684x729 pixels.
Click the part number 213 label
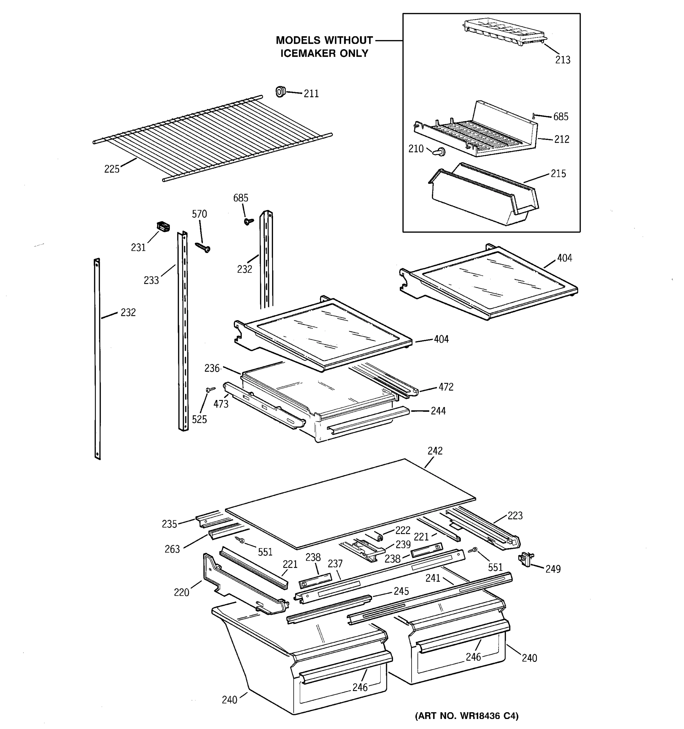tap(562, 60)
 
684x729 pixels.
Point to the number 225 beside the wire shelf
tap(112, 169)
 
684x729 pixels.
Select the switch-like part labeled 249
tap(526, 560)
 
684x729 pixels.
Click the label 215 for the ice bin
tap(558, 174)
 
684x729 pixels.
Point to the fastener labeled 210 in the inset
tap(439, 152)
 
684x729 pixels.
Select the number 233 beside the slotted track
tap(151, 281)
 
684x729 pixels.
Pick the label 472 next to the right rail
tap(446, 387)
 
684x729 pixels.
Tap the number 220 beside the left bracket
tap(181, 592)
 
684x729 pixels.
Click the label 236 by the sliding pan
tap(212, 368)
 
